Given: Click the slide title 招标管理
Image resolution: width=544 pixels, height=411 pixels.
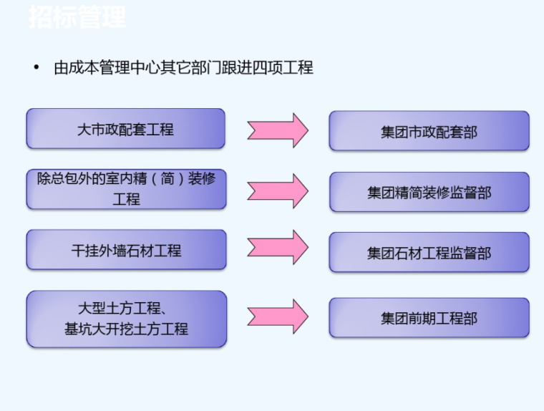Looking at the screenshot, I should [77, 17].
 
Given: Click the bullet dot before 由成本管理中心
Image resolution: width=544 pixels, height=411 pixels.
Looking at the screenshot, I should [36, 69].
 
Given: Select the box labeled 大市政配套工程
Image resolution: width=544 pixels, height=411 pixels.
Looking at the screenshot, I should [125, 130].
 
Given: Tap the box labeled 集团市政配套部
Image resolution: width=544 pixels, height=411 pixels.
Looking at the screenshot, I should [429, 131].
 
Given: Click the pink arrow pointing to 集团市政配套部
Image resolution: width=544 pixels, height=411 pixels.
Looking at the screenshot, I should [278, 130].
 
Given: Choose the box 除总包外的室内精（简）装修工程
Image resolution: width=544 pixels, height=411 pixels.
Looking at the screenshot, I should [125, 189].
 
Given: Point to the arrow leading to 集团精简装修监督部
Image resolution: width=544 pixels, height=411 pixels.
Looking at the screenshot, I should [278, 190].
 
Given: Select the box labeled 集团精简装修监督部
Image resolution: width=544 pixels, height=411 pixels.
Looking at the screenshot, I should [429, 192].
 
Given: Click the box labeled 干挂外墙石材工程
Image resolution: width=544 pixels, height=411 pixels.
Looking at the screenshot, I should [125, 251].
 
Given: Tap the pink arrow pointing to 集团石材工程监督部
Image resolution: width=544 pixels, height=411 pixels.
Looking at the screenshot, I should [278, 247].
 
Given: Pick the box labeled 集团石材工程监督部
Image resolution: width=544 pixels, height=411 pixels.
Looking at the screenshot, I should [429, 253].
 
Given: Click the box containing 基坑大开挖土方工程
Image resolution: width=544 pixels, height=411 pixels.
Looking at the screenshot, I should [125, 319].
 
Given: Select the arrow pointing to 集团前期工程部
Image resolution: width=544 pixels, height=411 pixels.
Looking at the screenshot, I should [278, 316].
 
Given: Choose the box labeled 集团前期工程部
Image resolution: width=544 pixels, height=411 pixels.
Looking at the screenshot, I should [429, 318].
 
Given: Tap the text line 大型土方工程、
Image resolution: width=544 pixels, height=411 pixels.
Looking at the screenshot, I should [122, 309].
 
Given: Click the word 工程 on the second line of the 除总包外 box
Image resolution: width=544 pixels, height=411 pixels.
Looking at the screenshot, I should [126, 199].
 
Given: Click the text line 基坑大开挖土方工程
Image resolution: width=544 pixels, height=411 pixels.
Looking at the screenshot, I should [126, 329].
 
